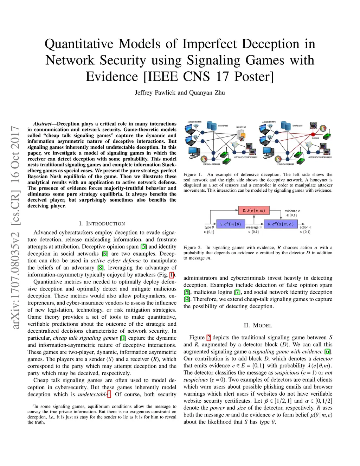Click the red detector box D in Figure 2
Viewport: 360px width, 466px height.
pyautogui.click(x=254, y=210)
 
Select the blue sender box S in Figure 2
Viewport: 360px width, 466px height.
pyautogui.click(x=230, y=224)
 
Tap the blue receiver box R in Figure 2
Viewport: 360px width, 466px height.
pyautogui.click(x=281, y=224)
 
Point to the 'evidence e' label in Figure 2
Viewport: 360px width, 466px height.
pyautogui.click(x=292, y=211)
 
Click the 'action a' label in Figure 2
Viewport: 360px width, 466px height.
pyautogui.click(x=305, y=227)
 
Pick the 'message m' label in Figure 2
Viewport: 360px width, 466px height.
pyautogui.click(x=254, y=227)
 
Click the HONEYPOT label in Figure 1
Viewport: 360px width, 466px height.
pyautogui.click(x=241, y=127)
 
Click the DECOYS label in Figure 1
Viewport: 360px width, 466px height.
pyautogui.click(x=315, y=138)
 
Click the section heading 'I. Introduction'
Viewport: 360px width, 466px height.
pyautogui.click(x=102, y=224)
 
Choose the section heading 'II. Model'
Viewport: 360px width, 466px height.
pyautogui.click(x=258, y=326)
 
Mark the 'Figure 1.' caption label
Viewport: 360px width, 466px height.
pyautogui.click(x=193, y=174)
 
